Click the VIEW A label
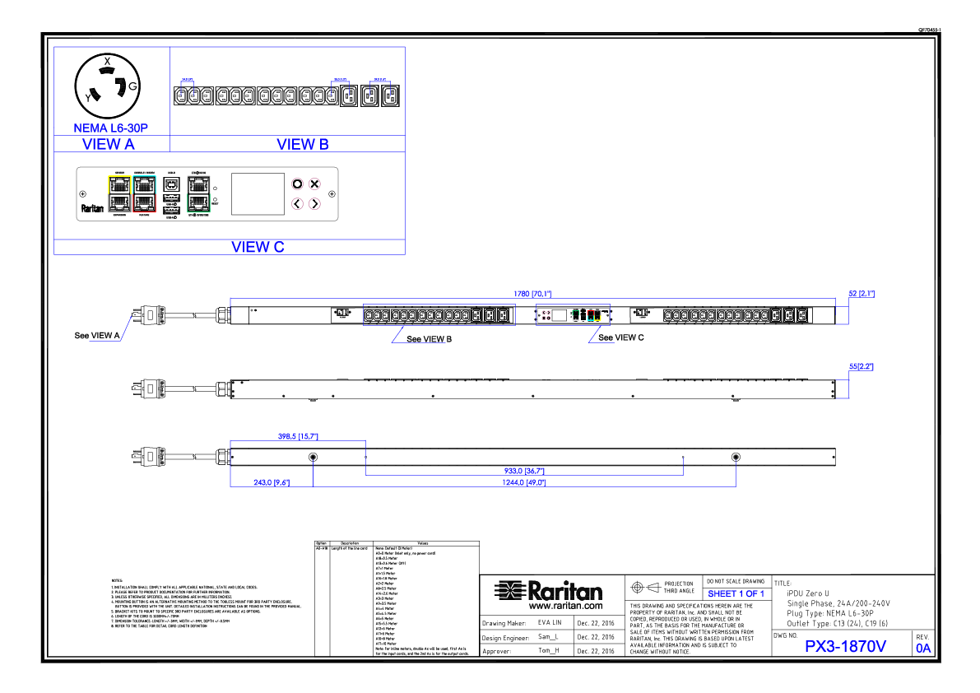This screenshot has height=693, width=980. tap(109, 144)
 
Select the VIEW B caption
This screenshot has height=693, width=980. tap(303, 144)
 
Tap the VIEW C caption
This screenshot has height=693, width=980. tap(258, 247)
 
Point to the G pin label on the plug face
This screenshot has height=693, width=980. tap(132, 86)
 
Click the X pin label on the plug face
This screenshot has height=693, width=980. tap(107, 60)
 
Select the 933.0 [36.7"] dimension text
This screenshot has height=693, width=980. tap(524, 471)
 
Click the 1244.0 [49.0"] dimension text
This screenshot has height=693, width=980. tap(524, 482)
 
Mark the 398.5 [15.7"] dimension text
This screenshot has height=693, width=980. tap(298, 436)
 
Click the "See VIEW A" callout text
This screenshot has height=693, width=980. tap(97, 336)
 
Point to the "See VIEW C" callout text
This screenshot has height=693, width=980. tap(621, 337)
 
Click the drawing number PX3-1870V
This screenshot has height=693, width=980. tap(845, 647)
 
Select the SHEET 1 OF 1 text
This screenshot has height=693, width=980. tap(736, 593)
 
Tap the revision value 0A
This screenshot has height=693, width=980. tap(923, 648)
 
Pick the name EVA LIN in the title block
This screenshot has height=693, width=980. tap(550, 624)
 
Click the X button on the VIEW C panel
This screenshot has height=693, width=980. tap(314, 184)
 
